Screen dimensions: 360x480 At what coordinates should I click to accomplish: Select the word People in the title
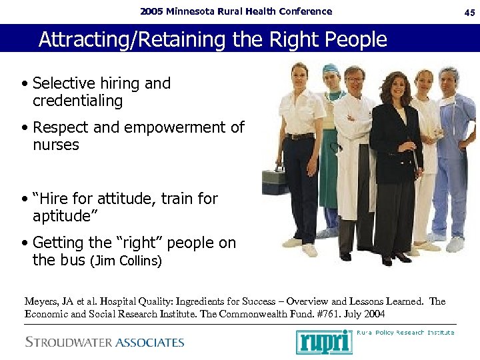tap(354, 40)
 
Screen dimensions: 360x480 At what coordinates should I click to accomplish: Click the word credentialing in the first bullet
tap(78, 101)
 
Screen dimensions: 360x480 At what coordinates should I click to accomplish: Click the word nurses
tap(56, 145)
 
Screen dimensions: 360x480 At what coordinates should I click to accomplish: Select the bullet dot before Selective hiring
tap(24, 85)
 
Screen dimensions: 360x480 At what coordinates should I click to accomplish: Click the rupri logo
tap(324, 341)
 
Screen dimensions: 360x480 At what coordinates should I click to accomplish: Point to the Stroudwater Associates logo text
tap(105, 343)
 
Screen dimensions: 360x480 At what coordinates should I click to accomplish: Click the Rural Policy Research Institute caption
tap(405, 332)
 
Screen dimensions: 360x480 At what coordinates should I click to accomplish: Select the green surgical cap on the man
tap(331, 69)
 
